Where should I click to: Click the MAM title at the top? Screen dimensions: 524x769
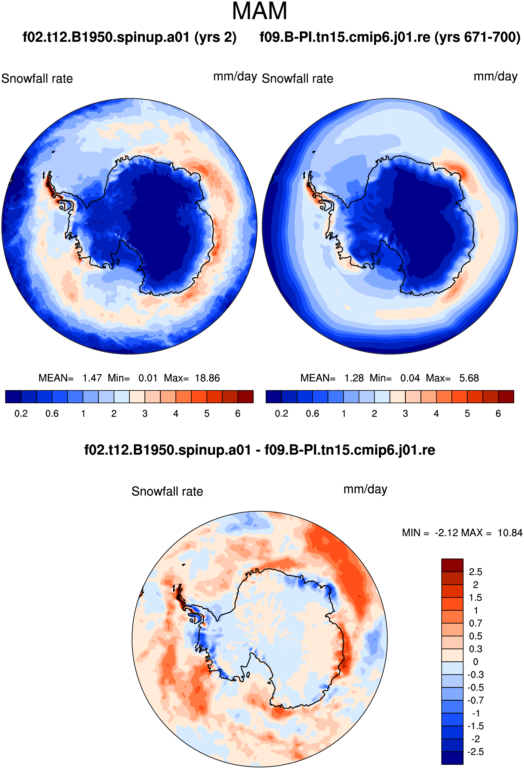pyautogui.click(x=259, y=11)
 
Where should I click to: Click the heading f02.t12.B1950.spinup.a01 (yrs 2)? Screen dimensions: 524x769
pyautogui.click(x=129, y=37)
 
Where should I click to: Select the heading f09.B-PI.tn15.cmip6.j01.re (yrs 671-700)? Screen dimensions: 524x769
pyautogui.click(x=390, y=37)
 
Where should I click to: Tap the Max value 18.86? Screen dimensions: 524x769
pyautogui.click(x=207, y=378)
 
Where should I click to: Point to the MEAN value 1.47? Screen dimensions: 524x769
pyautogui.click(x=92, y=378)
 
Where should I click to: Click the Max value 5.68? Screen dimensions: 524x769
pyautogui.click(x=469, y=378)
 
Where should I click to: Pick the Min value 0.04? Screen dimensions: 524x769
pyautogui.click(x=410, y=378)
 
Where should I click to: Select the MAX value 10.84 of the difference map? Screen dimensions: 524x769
pyautogui.click(x=510, y=533)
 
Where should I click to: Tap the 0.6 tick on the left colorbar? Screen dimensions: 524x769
pyautogui.click(x=52, y=414)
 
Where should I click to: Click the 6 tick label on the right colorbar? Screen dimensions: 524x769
pyautogui.click(x=498, y=414)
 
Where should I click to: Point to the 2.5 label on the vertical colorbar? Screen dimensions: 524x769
pyautogui.click(x=475, y=572)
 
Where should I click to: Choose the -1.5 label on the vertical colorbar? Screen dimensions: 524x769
pyautogui.click(x=475, y=726)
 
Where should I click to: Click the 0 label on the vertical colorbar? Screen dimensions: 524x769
pyautogui.click(x=476, y=662)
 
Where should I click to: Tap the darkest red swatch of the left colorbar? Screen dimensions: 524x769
pyautogui.click(x=246, y=396)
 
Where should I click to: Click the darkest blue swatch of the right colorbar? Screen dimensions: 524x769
pyautogui.click(x=274, y=396)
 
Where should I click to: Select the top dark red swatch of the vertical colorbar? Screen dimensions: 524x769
pyautogui.click(x=452, y=565)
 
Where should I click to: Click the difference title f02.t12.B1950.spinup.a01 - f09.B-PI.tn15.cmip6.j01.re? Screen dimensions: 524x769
pyautogui.click(x=260, y=450)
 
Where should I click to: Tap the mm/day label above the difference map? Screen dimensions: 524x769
pyautogui.click(x=365, y=489)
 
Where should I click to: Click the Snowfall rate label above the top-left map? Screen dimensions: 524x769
pyautogui.click(x=37, y=79)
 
